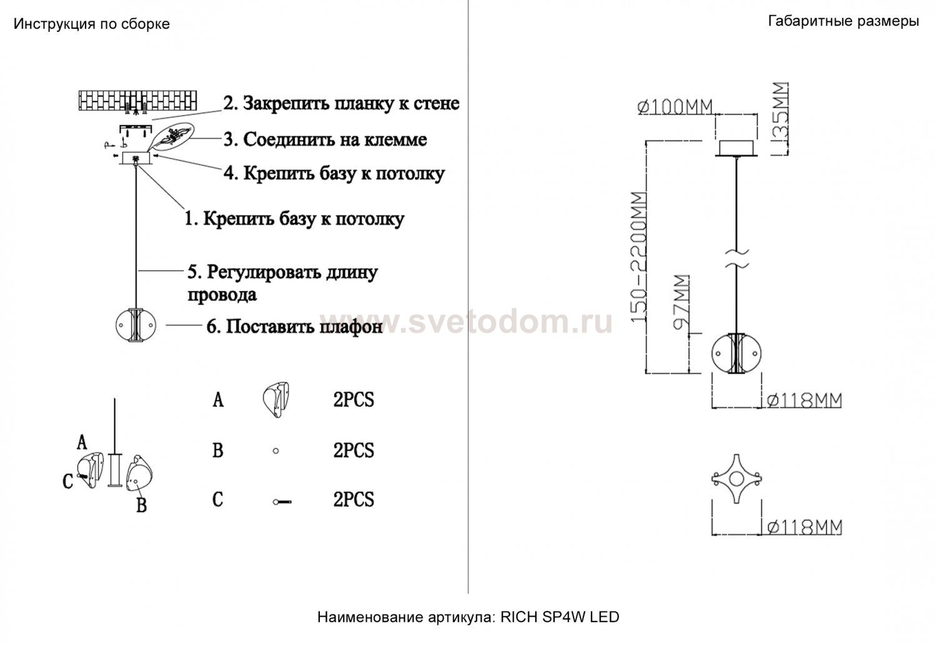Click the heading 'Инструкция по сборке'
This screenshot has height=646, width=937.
(x=92, y=24)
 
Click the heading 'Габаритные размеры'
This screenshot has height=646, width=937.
(x=843, y=21)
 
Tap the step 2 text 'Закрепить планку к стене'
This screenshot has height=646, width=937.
(x=351, y=103)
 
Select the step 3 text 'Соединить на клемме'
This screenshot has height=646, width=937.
(x=335, y=139)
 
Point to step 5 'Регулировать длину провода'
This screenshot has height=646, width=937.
(x=283, y=283)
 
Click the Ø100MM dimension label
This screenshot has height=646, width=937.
(x=675, y=107)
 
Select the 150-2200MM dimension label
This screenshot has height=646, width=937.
(x=638, y=257)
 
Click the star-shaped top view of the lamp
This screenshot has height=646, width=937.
(x=736, y=479)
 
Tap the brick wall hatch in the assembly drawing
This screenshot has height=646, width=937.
(x=137, y=100)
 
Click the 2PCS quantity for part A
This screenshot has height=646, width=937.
(x=354, y=400)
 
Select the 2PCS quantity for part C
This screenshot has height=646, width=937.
(x=354, y=499)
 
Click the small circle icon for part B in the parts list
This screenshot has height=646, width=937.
(x=275, y=451)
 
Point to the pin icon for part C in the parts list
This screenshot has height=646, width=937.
(x=282, y=502)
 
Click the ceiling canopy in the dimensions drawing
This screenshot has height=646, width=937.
(x=736, y=149)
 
